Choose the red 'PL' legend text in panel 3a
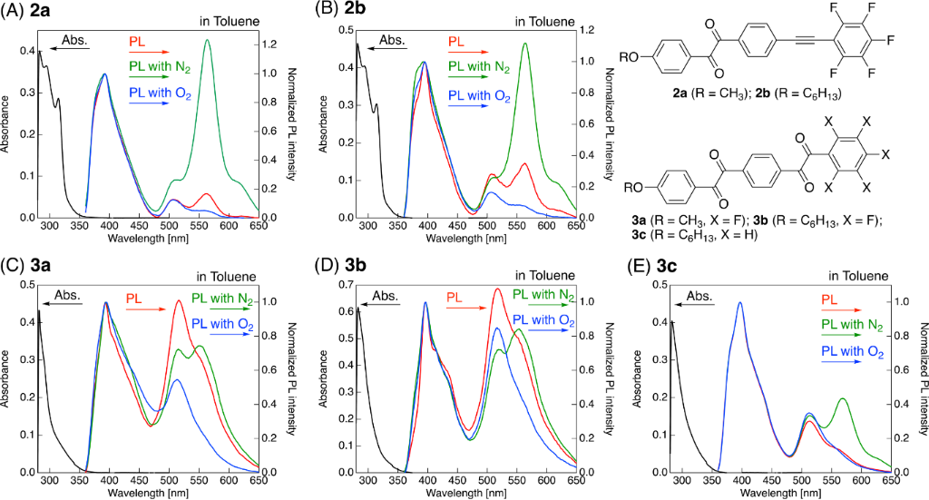click(133, 297)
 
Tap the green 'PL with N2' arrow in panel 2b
click(469, 78)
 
